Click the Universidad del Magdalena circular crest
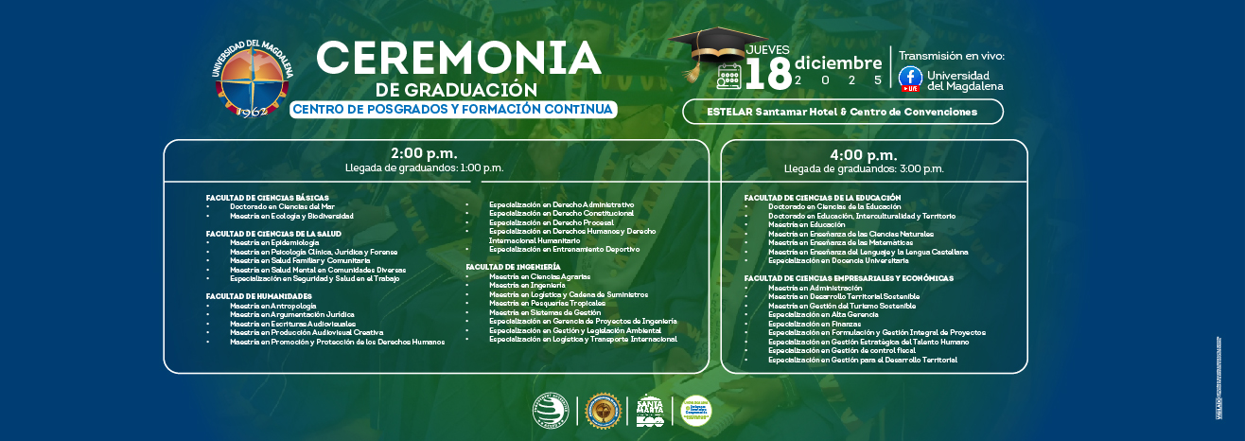pyautogui.click(x=253, y=79)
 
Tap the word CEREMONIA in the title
pyautogui.click(x=459, y=58)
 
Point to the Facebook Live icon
pyautogui.click(x=910, y=79)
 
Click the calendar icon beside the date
pyautogui.click(x=728, y=77)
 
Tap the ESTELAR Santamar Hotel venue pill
pyautogui.click(x=842, y=112)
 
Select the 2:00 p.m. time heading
pyautogui.click(x=424, y=153)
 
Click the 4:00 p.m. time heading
pyautogui.click(x=863, y=154)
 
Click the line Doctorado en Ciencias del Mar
pyautogui.click(x=282, y=206)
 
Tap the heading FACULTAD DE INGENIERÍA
pyautogui.click(x=513, y=267)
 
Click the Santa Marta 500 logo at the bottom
pyautogui.click(x=649, y=410)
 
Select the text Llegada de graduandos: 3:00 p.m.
pyautogui.click(x=863, y=168)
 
